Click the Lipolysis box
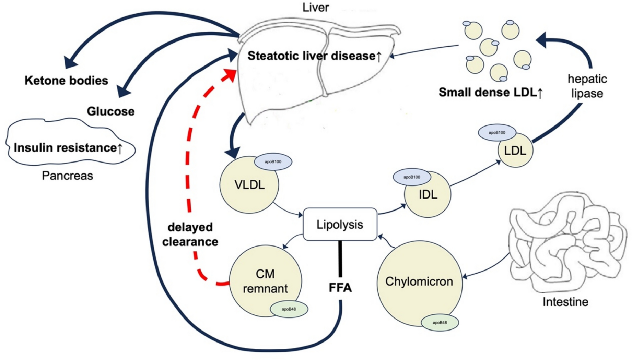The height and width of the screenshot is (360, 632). click(x=340, y=224)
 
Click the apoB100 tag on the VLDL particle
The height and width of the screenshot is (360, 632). click(x=273, y=162)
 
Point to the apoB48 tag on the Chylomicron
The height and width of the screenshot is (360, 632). click(x=440, y=323)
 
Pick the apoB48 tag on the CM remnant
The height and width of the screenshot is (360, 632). click(x=289, y=309)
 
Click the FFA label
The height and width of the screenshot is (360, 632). click(x=340, y=288)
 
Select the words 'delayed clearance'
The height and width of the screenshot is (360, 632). click(x=190, y=235)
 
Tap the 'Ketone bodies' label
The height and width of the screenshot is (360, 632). click(x=66, y=81)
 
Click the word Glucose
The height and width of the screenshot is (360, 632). click(x=110, y=111)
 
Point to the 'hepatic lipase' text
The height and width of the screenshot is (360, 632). click(x=587, y=86)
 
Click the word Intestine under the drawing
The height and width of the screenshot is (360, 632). click(x=565, y=302)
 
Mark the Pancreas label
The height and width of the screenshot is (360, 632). click(x=67, y=176)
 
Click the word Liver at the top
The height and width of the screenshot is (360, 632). click(x=315, y=8)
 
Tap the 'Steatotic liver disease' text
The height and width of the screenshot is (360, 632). click(x=314, y=56)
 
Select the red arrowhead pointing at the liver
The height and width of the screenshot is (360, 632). click(x=230, y=74)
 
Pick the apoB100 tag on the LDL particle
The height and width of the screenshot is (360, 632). click(x=497, y=132)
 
